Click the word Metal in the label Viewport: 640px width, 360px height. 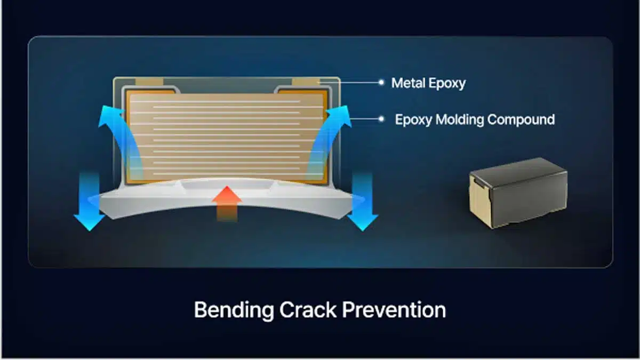pos(409,83)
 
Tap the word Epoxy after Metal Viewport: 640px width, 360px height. pos(447,84)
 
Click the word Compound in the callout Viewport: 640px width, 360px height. pos(521,119)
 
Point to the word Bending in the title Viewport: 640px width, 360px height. pos(234,310)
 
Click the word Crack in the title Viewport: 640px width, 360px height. pos(308,310)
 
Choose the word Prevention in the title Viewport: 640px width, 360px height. pos(394,310)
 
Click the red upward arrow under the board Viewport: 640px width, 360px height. pos(227,203)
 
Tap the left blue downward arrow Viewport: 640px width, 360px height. pos(89,202)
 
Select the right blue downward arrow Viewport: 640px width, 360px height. pos(363,202)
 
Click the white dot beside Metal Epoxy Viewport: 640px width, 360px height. pos(381,83)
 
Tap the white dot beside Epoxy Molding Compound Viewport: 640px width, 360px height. pos(381,119)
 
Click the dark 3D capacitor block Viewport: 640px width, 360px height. pos(518,193)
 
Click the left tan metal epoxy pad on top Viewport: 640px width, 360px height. pos(149,82)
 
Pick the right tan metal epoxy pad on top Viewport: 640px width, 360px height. pos(306,82)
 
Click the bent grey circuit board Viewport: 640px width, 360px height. pos(226,197)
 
